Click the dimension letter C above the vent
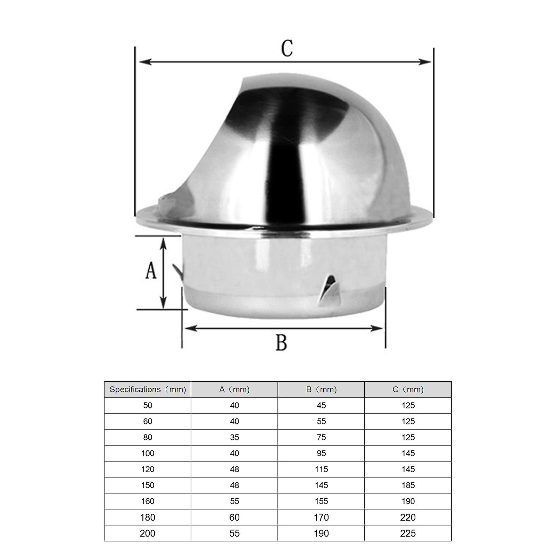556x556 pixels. coord(287,49)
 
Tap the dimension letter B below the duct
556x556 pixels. coord(281,342)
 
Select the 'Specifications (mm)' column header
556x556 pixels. coord(148,390)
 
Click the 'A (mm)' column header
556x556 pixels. coord(234,390)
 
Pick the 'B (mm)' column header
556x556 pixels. coord(321,390)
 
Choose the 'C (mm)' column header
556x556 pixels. coord(408,390)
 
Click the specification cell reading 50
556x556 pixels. coord(148,405)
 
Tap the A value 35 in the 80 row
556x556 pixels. coord(234,437)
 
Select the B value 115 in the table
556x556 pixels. coord(321,469)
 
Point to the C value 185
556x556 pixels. coord(408,485)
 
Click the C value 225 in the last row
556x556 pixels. coord(408,533)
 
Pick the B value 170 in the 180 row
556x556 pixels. coord(321,517)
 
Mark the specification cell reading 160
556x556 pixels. coord(148,501)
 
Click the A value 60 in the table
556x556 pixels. coord(234,517)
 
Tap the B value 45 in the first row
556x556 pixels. coord(321,405)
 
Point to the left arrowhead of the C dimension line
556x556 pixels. coord(143,62)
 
